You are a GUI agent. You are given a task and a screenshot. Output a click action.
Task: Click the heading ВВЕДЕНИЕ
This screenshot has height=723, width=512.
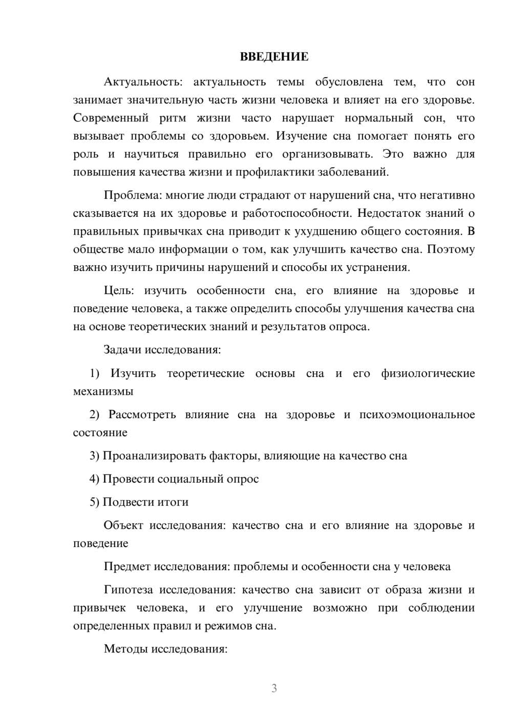274,57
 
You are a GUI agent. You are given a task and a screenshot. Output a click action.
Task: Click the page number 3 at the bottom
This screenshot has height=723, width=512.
274,688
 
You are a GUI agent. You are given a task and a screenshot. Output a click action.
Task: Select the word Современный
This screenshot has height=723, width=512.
111,118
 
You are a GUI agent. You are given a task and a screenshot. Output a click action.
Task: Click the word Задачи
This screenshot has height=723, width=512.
123,350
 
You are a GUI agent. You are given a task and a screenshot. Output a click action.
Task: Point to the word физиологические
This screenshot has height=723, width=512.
428,374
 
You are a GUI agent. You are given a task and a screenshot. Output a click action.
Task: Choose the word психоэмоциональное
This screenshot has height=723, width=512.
417,415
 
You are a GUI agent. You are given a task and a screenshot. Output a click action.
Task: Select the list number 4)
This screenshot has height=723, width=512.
94,479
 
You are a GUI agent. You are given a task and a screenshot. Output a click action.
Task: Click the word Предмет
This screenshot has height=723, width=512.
127,567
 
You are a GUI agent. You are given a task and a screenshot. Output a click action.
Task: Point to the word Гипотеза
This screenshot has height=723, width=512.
129,590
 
